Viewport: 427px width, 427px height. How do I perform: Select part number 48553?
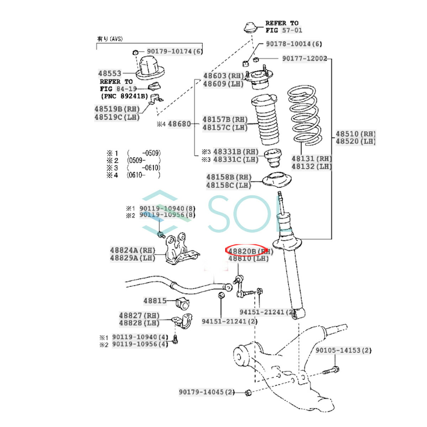point(110,74)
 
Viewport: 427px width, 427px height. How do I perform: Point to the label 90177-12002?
point(304,58)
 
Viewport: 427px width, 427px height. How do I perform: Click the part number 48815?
point(155,301)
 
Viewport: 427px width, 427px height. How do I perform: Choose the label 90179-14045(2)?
point(207,392)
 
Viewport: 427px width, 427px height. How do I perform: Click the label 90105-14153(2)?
point(343,350)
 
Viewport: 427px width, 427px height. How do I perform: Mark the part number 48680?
point(179,124)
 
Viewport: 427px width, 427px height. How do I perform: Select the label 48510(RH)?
point(355,134)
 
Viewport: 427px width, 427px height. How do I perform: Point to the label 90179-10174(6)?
point(175,51)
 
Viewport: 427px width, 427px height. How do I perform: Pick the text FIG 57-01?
point(284,30)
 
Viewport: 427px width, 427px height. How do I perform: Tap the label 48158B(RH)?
point(229,177)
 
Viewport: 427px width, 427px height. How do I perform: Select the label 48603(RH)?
point(223,76)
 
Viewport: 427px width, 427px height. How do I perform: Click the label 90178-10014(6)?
point(294,44)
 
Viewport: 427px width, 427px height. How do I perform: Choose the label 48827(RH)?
point(139,315)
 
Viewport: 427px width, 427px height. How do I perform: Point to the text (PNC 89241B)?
point(124,96)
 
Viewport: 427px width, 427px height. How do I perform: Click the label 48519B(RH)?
point(117,109)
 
